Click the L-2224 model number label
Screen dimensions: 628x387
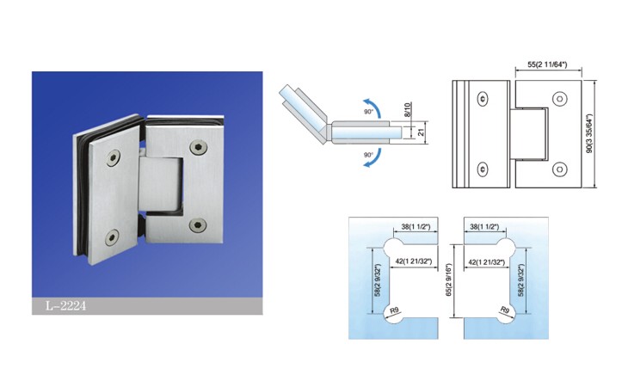coord(65,306)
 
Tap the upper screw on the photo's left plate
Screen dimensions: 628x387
coord(114,158)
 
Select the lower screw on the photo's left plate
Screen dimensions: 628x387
coord(112,237)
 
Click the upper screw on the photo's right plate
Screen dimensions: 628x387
coord(198,148)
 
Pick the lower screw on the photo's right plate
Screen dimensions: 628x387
coord(198,225)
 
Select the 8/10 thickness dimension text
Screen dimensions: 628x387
coord(407,110)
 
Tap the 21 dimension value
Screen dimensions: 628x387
coord(422,132)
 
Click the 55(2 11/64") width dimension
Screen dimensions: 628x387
coord(547,64)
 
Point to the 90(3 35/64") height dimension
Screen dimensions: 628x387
coord(589,133)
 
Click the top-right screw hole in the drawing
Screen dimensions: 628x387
coord(560,99)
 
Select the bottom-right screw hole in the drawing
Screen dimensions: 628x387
coord(560,169)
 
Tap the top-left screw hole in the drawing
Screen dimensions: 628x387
coord(483,98)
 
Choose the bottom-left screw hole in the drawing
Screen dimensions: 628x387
coord(483,169)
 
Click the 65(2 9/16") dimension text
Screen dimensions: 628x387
coord(448,280)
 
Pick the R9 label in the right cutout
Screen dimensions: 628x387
coord(505,310)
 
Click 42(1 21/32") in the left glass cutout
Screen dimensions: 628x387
coord(414,261)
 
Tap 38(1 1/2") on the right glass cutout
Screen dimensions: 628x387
coord(484,227)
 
